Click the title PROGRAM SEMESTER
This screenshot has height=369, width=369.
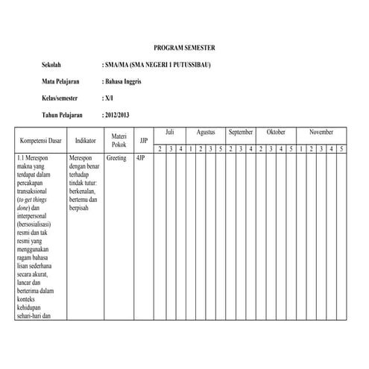[183, 47]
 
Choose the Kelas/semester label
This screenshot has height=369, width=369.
[60, 98]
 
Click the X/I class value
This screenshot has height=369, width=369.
[107, 98]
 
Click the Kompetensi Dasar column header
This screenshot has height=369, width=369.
[40, 140]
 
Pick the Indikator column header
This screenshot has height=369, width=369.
[85, 140]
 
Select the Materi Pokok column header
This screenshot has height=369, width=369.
[119, 140]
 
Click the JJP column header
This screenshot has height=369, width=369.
[144, 140]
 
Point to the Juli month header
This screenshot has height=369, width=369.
[170, 132]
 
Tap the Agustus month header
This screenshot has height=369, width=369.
[206, 132]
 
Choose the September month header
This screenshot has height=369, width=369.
[241, 132]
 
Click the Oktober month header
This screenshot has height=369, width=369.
[276, 132]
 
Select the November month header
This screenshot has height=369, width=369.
[321, 132]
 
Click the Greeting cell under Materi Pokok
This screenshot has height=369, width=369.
[116, 159]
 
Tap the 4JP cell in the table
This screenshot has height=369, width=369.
[141, 159]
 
